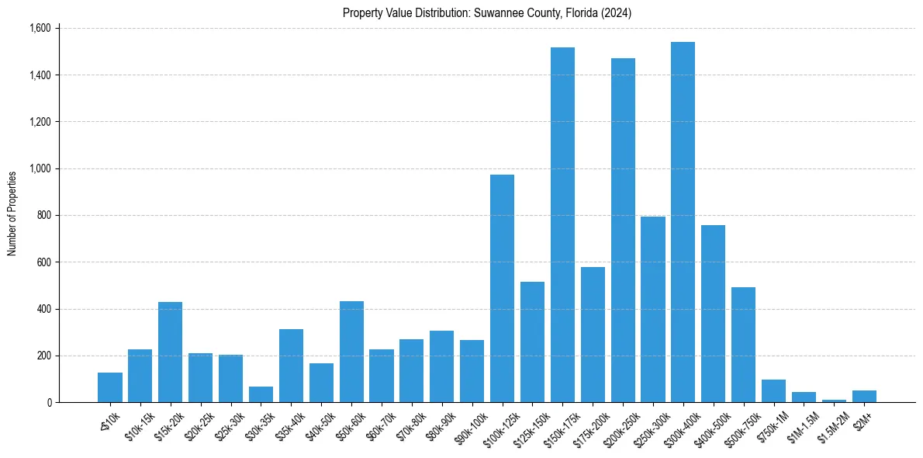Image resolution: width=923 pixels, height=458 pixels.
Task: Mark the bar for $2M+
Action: click(x=864, y=396)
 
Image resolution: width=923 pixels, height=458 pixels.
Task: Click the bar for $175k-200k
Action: click(x=593, y=335)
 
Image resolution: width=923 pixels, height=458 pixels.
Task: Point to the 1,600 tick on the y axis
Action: click(x=39, y=29)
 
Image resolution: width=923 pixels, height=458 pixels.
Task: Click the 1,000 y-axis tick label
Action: click(x=39, y=168)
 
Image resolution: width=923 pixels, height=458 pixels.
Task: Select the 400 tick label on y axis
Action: click(x=43, y=309)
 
